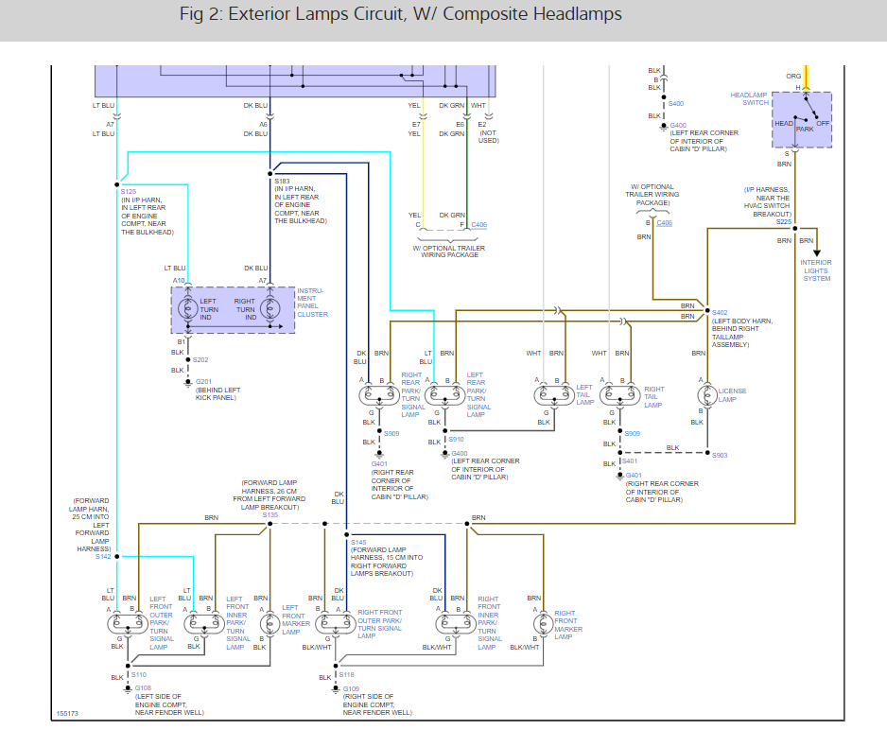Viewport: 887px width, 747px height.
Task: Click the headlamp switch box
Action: tap(802, 119)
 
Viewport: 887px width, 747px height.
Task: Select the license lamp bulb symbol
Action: tap(704, 395)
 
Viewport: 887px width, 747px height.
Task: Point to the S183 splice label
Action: tap(283, 180)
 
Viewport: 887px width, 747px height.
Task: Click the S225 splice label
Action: tap(784, 221)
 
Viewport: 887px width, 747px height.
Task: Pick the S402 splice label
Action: tap(720, 312)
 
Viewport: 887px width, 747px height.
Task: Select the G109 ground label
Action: tap(351, 688)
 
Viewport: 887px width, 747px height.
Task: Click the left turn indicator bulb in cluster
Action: tap(188, 308)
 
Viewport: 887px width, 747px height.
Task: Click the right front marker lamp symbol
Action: tap(542, 623)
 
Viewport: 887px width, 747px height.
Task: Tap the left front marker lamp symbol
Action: tap(270, 623)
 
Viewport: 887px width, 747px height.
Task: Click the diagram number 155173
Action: tap(67, 714)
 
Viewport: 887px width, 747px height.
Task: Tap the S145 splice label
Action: tap(358, 543)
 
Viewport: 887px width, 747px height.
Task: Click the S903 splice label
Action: tap(720, 455)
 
